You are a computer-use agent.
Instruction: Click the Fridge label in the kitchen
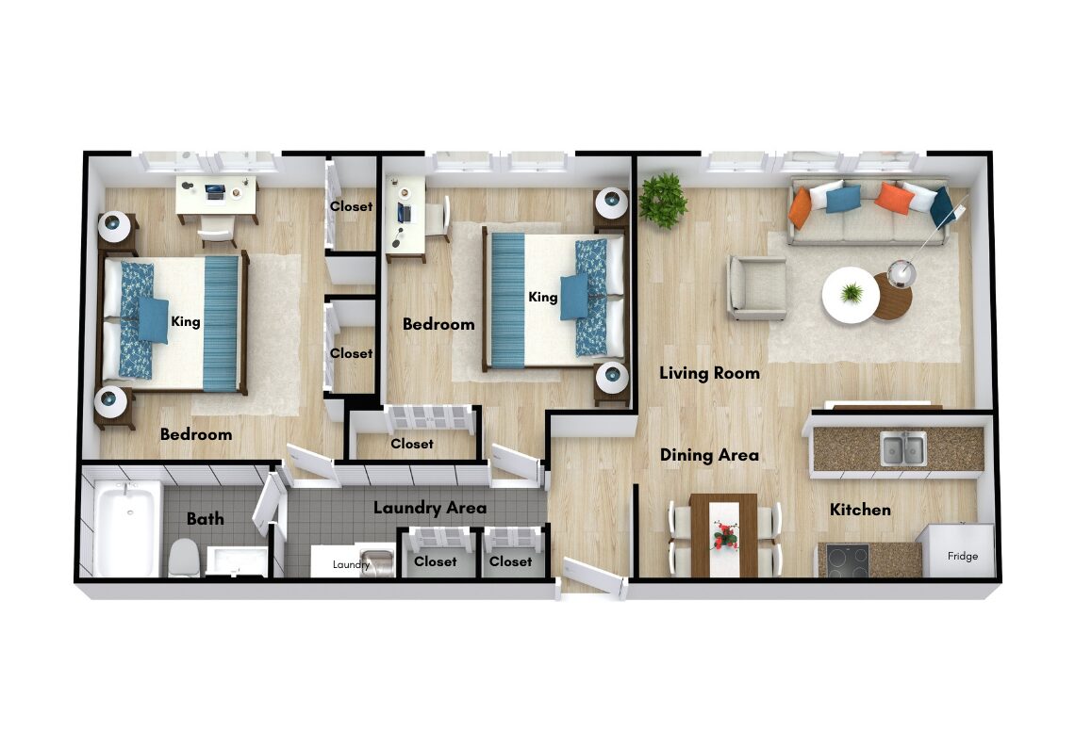click(x=963, y=556)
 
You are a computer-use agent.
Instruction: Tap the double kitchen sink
click(x=903, y=448)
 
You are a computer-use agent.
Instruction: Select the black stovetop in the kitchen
click(x=848, y=560)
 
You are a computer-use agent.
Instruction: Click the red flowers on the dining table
click(x=724, y=534)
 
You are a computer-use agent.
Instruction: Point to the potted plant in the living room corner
click(x=663, y=200)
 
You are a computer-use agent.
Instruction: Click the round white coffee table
click(x=851, y=295)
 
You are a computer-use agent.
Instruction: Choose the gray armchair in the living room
click(x=757, y=287)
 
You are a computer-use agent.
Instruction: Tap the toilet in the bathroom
click(x=183, y=558)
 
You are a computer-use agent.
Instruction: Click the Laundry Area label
click(x=430, y=508)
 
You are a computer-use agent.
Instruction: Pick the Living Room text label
click(x=709, y=373)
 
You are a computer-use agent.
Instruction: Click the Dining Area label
click(x=709, y=455)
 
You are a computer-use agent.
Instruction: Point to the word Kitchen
click(x=860, y=510)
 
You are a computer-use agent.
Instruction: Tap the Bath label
click(x=206, y=519)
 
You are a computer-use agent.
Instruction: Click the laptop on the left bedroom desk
click(x=215, y=192)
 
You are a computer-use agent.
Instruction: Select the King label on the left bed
click(x=186, y=321)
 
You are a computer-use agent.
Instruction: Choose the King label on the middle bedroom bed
click(x=543, y=297)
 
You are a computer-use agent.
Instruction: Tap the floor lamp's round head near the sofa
click(x=901, y=272)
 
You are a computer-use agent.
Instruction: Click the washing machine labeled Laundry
click(x=353, y=562)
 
